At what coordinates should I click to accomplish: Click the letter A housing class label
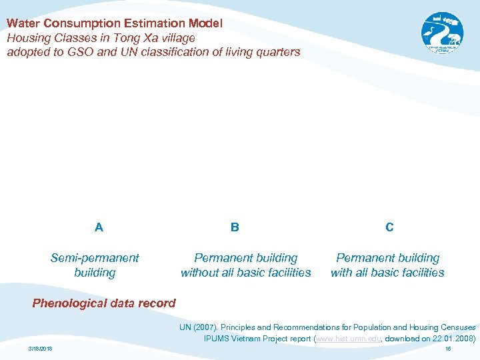(x=99, y=227)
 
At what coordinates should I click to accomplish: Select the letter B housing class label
(x=235, y=227)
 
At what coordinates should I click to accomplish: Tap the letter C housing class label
(x=389, y=227)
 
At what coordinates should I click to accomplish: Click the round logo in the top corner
(x=442, y=33)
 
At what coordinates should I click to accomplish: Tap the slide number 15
(x=448, y=349)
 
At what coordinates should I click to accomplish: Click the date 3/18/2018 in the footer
(x=41, y=349)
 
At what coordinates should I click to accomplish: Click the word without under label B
(x=200, y=273)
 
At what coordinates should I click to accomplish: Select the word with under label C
(x=342, y=273)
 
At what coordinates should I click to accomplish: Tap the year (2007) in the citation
(x=205, y=327)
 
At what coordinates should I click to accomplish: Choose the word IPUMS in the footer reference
(x=218, y=339)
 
